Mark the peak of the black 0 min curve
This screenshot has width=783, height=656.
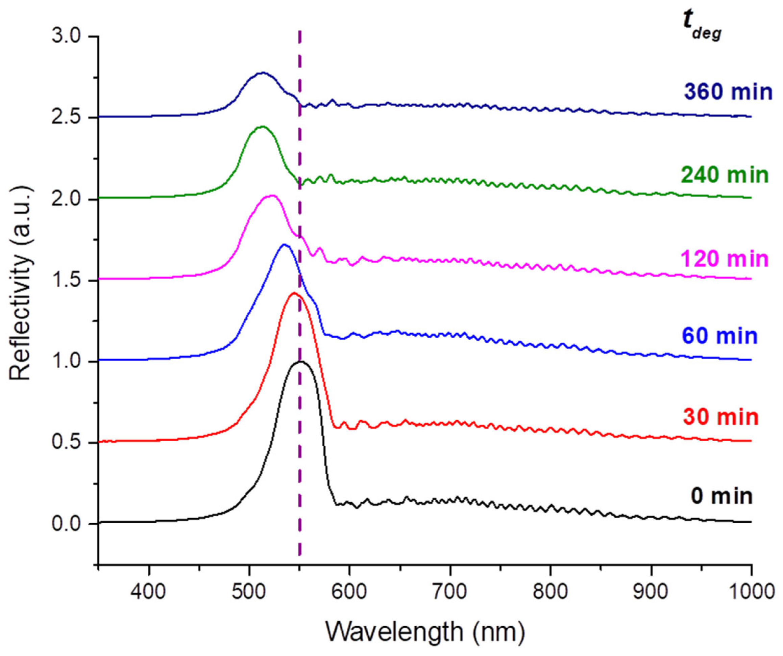(300, 361)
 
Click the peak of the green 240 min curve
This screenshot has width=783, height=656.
(263, 127)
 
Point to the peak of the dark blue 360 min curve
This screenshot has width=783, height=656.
(263, 73)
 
